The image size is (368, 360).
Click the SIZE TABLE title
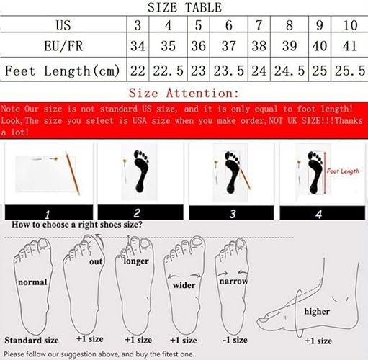[x=184, y=8]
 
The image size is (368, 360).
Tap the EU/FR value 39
[x=290, y=48]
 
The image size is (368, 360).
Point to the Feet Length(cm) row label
[x=63, y=71]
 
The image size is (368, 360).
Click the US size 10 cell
[x=351, y=24]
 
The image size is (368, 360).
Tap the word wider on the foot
[x=183, y=285]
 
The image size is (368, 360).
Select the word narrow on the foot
[x=234, y=281]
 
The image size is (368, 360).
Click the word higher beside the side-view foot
[x=316, y=311]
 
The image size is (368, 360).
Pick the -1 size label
[x=235, y=338]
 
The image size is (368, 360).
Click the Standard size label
[x=30, y=338]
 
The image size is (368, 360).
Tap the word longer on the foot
[x=136, y=261]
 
